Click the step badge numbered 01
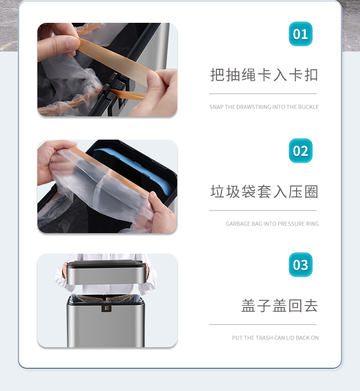(x=300, y=34)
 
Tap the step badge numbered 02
(x=300, y=151)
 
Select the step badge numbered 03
(x=300, y=265)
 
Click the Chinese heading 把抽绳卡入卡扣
(x=264, y=75)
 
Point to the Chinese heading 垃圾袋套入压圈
(x=264, y=192)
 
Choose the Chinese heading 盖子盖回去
(x=279, y=306)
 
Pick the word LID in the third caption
(x=290, y=338)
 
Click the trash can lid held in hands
(x=106, y=272)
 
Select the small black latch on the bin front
(x=106, y=308)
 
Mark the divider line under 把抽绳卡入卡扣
(x=263, y=94)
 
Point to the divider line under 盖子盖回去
(x=263, y=325)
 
